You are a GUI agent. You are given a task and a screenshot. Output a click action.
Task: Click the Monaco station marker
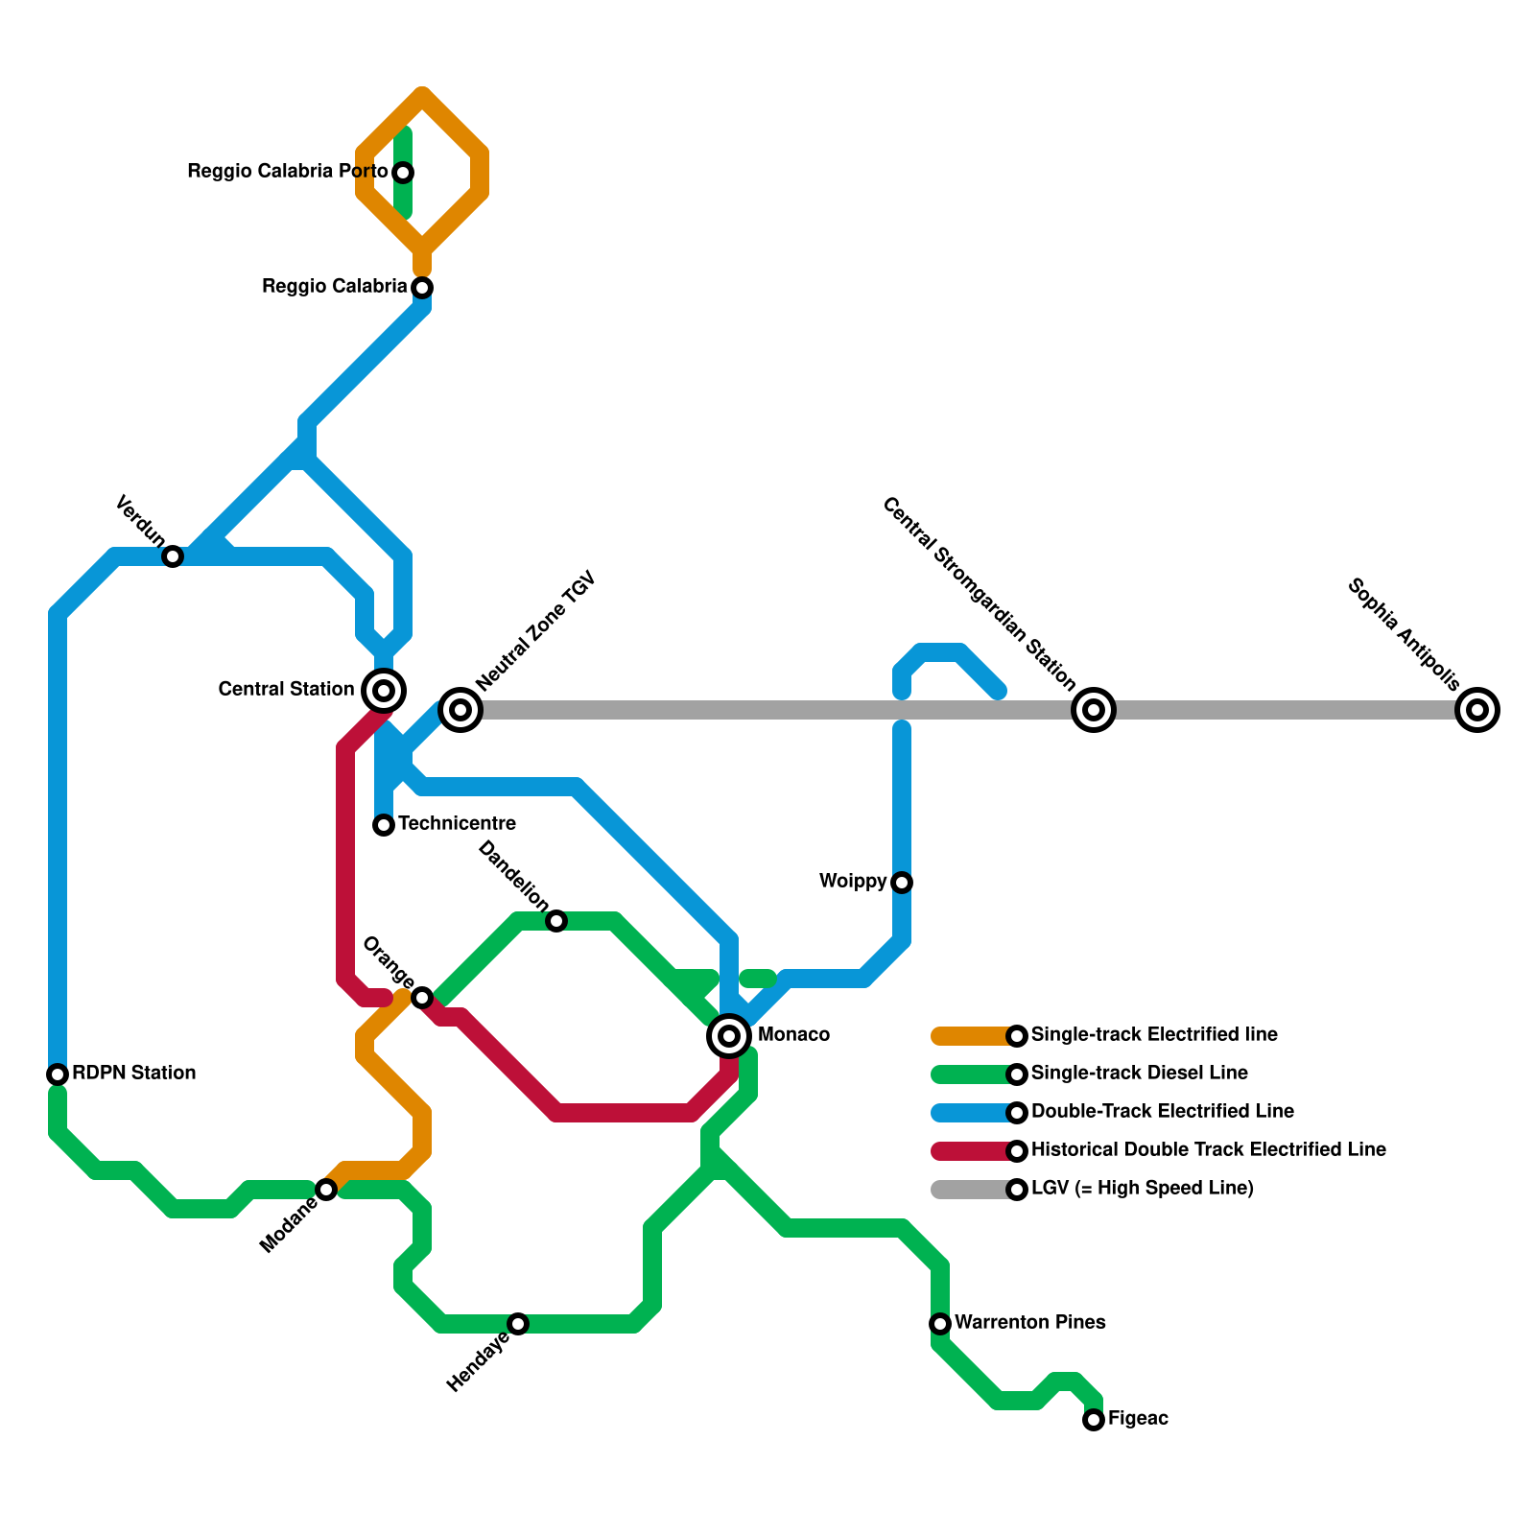[729, 1035]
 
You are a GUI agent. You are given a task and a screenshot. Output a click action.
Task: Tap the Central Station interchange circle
[384, 690]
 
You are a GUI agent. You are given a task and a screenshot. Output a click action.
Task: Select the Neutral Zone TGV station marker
[460, 710]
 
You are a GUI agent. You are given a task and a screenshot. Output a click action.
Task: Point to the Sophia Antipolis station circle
[1477, 710]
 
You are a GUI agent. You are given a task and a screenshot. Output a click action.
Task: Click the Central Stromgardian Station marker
[1094, 710]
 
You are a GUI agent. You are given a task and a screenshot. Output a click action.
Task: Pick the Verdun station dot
[173, 556]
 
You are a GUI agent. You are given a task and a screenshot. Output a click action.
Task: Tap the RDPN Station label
[133, 1073]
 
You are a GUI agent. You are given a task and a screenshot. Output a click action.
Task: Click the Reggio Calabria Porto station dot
[404, 173]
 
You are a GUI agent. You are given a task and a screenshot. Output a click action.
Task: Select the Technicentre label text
[457, 823]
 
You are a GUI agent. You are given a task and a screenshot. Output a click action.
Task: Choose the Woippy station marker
[902, 883]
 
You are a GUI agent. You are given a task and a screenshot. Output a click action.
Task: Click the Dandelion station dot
[556, 921]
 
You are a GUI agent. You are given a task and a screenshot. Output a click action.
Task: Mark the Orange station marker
[422, 998]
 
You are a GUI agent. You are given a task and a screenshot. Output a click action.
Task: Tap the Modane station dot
[326, 1190]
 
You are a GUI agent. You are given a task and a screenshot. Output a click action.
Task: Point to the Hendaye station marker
[518, 1324]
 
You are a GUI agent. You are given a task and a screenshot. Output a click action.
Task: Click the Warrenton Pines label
[1029, 1322]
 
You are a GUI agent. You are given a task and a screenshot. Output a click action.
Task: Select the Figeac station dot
[1094, 1420]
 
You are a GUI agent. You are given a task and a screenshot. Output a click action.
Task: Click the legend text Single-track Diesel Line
[1139, 1073]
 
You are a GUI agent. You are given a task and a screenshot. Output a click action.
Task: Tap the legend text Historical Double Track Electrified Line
[1208, 1149]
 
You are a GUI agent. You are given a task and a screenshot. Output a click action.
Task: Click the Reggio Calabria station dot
[422, 288]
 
